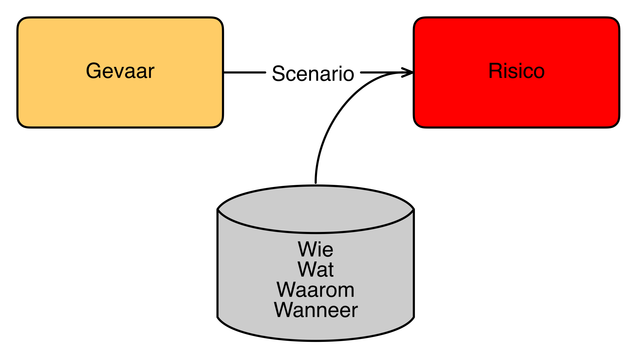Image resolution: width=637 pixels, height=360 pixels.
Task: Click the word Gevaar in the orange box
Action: [120, 71]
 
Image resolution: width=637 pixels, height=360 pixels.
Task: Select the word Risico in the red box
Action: [516, 71]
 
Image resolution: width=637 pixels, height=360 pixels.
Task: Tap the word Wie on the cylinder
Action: [315, 249]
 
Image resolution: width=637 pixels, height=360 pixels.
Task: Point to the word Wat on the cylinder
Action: [315, 270]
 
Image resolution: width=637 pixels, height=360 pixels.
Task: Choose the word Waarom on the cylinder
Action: [315, 290]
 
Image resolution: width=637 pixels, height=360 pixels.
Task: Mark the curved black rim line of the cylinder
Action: [315, 233]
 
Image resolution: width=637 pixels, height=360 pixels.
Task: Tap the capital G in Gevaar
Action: [94, 71]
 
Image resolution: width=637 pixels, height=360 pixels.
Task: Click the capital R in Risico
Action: [495, 71]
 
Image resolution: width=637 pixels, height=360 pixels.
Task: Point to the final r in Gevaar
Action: [151, 72]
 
